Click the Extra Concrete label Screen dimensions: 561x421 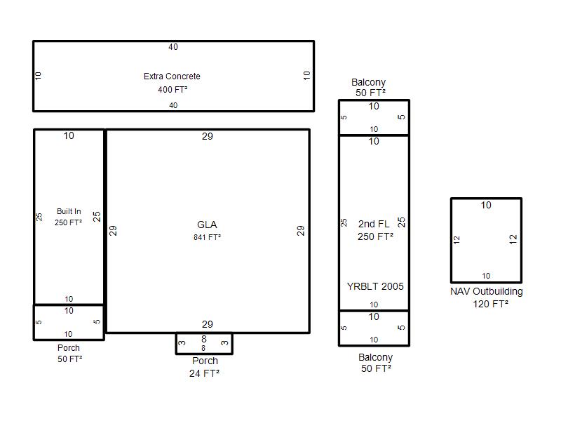pos(172,76)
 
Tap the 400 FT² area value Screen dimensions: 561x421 pos(173,90)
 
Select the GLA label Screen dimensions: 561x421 pos(207,225)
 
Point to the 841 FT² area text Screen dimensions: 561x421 pos(207,237)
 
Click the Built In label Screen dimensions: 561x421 pos(69,211)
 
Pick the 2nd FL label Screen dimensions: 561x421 pos(374,224)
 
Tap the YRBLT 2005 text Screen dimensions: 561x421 pos(375,286)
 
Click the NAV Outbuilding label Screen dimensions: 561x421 pos(486,291)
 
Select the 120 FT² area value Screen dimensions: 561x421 pos(490,304)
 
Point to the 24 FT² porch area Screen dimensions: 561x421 pos(204,373)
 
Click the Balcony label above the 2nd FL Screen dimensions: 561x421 pos(369,82)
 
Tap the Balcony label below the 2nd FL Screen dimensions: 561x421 pos(376,357)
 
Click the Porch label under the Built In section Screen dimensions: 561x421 pos(69,347)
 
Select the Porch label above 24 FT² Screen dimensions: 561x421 pos(205,361)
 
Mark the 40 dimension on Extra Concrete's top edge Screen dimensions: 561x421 pos(173,47)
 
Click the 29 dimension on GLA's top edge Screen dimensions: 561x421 pos(208,136)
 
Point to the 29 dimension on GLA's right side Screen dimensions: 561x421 pos(301,230)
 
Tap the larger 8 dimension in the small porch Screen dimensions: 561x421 pos(204,339)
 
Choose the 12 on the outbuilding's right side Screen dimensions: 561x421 pos(513,239)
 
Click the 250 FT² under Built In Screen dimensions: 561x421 pos(68,222)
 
